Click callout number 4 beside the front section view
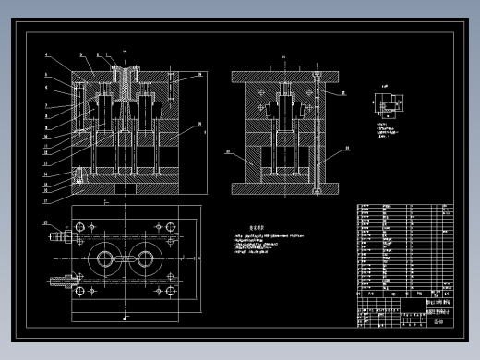point(46,56)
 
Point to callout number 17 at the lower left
point(46,198)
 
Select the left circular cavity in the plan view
point(102,258)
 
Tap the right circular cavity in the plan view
point(145,258)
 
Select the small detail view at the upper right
point(388,105)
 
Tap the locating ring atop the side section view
point(283,66)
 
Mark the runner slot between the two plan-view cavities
point(124,258)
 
